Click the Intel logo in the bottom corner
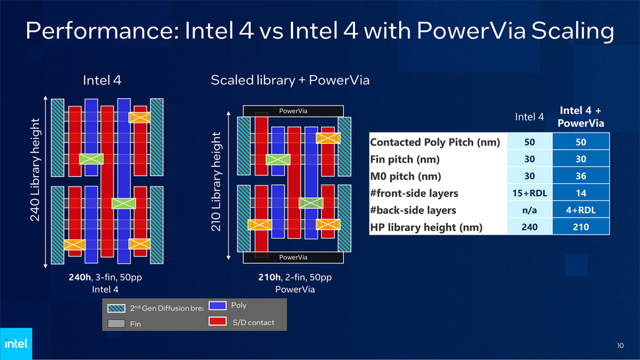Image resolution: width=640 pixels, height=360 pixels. [15, 344]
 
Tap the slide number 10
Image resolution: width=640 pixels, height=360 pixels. [620, 345]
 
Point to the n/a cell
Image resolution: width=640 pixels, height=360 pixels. [528, 210]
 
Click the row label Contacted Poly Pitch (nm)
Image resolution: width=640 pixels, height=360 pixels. [435, 142]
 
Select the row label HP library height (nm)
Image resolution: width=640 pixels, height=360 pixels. [426, 227]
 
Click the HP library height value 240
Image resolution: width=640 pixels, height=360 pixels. [528, 227]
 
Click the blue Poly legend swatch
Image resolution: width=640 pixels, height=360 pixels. [217, 306]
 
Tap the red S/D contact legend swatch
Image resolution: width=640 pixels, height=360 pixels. [217, 322]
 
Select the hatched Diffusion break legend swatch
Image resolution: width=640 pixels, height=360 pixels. [117, 308]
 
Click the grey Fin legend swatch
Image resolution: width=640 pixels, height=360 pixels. [117, 324]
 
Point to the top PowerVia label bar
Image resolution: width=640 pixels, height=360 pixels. [292, 111]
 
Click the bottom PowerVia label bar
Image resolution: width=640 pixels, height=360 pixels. [292, 256]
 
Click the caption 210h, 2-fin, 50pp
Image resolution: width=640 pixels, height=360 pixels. [294, 278]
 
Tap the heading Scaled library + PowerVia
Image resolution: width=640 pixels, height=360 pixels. [290, 80]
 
